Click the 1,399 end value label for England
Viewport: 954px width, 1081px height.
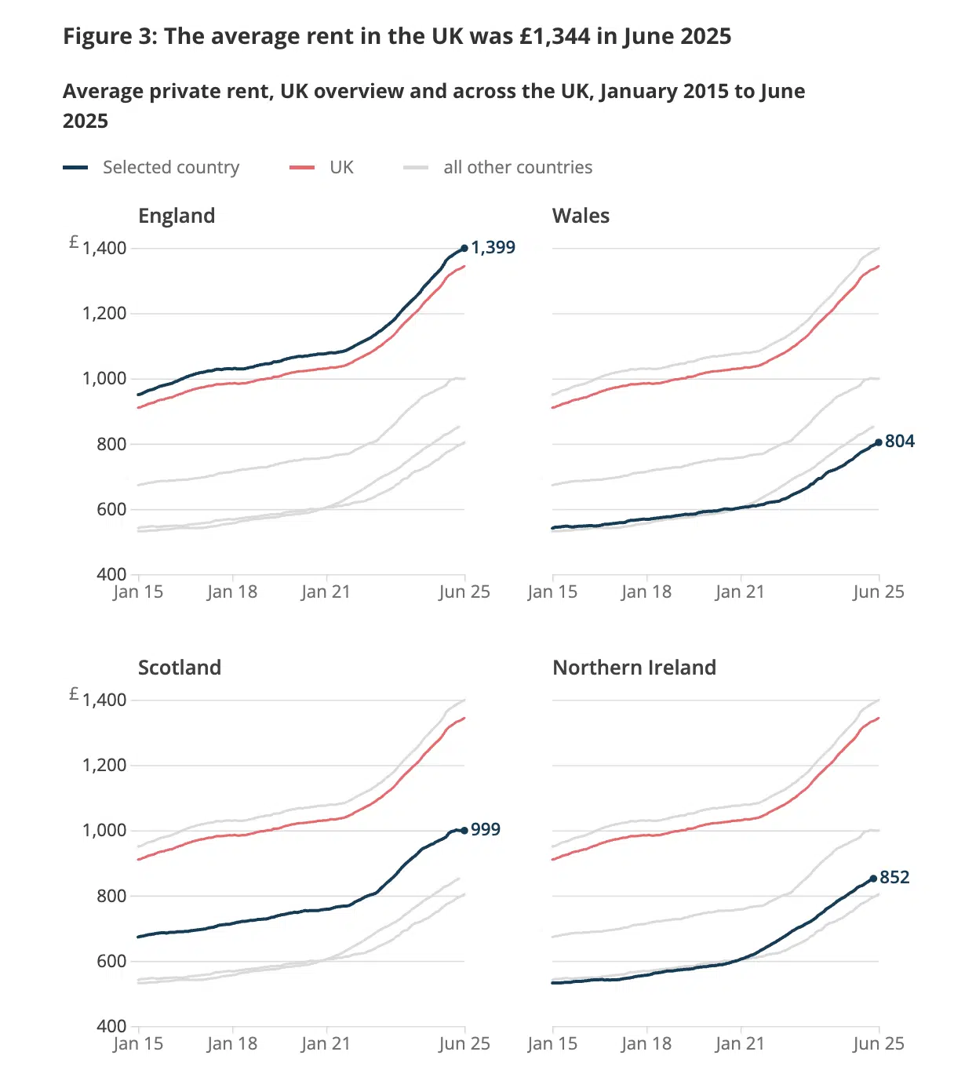(x=493, y=247)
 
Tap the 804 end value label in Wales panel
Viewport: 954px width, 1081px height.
(x=899, y=441)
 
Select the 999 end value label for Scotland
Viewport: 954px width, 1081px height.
(x=485, y=829)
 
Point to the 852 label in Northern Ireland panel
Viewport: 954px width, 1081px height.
(x=894, y=877)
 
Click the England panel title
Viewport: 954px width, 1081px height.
(x=177, y=216)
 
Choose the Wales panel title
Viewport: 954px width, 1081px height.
(x=581, y=216)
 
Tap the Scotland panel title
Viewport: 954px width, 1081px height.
(x=180, y=668)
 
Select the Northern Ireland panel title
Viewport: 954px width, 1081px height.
(x=634, y=668)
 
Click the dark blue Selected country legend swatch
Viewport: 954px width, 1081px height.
(x=75, y=167)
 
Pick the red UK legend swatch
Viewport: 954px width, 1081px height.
(x=302, y=167)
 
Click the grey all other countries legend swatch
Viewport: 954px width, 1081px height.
(x=416, y=167)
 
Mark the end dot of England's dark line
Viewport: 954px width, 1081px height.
(x=464, y=248)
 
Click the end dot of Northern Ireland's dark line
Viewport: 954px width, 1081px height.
(x=873, y=879)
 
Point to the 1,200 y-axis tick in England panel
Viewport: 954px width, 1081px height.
(x=104, y=313)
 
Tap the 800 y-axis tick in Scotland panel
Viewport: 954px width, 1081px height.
(x=111, y=895)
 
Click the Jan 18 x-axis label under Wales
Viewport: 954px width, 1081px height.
(x=646, y=591)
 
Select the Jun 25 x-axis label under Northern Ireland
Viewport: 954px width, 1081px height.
(x=879, y=1043)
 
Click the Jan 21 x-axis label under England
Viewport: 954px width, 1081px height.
(x=326, y=591)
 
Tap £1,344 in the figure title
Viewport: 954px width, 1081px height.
(x=555, y=36)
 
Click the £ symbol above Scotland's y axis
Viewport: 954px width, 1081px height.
(x=74, y=693)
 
